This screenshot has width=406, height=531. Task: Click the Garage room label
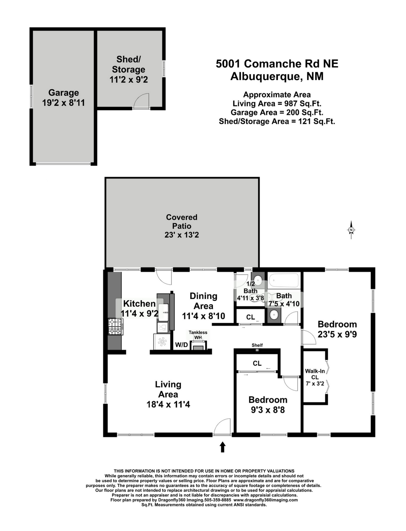[63, 93]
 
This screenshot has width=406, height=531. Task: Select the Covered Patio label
[182, 221]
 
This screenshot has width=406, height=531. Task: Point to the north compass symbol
[351, 230]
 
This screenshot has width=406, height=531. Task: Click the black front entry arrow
[222, 447]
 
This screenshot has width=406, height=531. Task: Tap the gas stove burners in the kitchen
[115, 327]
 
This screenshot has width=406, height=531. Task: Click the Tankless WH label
[198, 335]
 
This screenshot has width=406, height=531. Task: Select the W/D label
[181, 345]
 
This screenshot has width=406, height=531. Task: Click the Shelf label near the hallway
[257, 345]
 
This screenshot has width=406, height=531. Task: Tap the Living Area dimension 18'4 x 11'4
[168, 405]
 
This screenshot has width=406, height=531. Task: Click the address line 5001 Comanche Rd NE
[277, 64]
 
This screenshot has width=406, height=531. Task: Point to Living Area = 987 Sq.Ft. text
[277, 104]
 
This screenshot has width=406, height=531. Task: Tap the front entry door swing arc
[221, 426]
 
